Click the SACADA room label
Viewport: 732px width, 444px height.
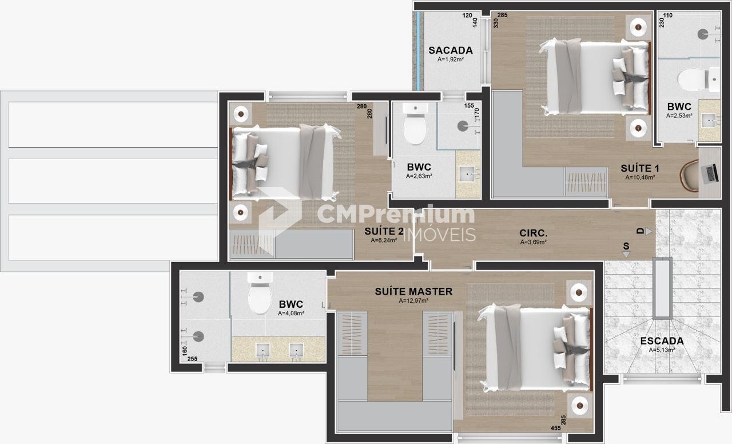point(451,50)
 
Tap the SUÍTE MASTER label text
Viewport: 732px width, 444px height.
point(413,291)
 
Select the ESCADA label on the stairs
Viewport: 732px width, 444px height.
point(662,341)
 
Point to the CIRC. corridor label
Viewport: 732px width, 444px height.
point(534,233)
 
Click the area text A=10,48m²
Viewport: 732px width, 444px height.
point(640,177)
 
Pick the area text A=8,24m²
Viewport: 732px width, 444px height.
point(384,240)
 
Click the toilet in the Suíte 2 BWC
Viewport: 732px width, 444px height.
point(415,123)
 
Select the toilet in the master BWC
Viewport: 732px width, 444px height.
point(260,293)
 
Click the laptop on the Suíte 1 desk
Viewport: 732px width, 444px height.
point(710,173)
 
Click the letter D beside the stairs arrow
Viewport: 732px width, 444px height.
point(640,231)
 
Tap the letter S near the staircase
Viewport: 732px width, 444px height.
point(626,246)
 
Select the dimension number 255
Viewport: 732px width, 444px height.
point(193,359)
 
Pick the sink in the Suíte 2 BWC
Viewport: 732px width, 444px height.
point(468,174)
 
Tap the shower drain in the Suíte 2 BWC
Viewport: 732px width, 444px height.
point(462,126)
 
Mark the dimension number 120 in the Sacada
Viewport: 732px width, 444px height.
point(467,15)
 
